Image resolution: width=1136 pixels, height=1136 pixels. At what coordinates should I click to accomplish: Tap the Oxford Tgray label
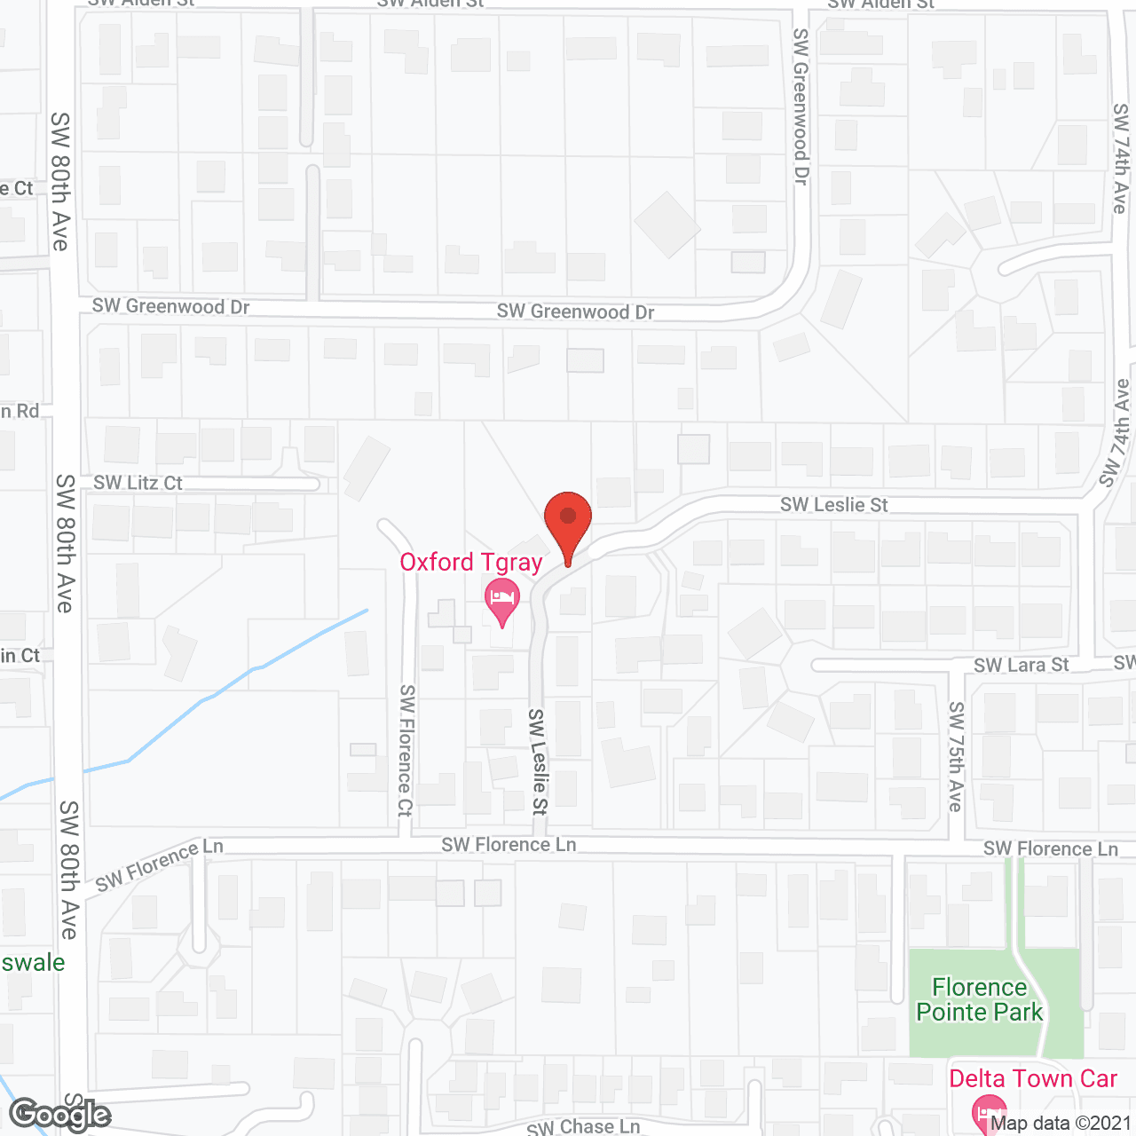(x=470, y=563)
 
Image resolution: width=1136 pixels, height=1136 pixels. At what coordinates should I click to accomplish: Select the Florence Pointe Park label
(x=979, y=1000)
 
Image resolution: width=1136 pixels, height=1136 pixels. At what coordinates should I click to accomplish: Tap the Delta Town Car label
(x=1033, y=1079)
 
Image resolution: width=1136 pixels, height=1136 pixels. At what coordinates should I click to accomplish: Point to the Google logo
(x=60, y=1115)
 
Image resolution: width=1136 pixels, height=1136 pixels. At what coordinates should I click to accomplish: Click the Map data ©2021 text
(x=1061, y=1123)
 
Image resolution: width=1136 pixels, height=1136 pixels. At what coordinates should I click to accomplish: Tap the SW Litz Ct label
(x=138, y=484)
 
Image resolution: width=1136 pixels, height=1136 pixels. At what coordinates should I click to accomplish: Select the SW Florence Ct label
(x=406, y=750)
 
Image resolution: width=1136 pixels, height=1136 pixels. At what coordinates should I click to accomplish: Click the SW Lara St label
(x=1021, y=666)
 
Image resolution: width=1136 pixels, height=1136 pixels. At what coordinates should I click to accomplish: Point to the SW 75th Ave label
(x=955, y=756)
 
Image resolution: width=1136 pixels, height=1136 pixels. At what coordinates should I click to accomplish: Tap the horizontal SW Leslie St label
(x=833, y=505)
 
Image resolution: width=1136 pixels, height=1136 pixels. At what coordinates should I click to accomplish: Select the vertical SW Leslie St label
(x=538, y=761)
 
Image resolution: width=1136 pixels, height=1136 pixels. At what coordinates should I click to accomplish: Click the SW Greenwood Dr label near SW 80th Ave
(x=170, y=307)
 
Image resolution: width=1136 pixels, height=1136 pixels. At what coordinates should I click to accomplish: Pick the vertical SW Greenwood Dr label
(x=801, y=106)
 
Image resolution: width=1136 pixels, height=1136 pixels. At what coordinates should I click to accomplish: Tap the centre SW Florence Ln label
(x=509, y=845)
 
